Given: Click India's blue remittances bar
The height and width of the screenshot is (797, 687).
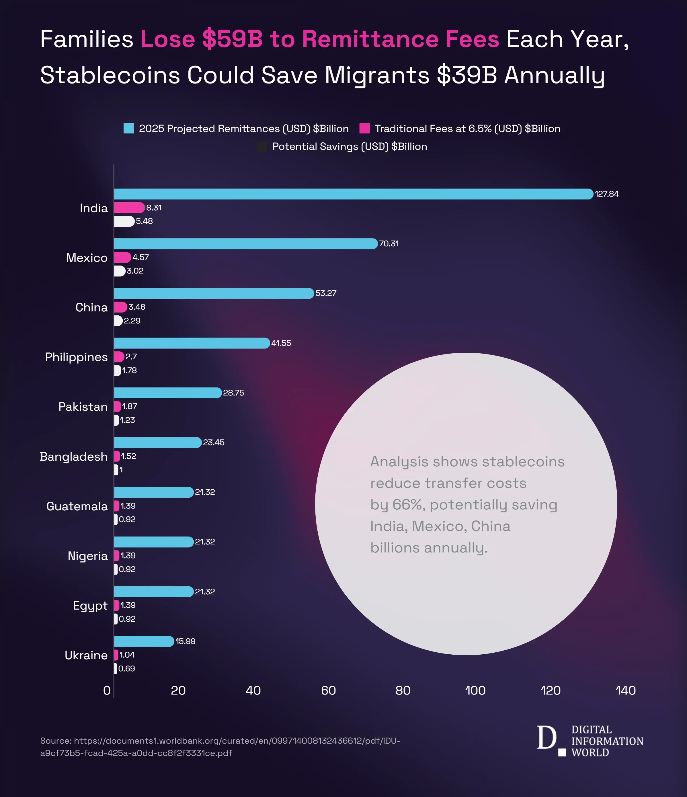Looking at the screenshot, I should point(354,194).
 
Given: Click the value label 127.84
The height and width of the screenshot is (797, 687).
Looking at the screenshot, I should point(607,194).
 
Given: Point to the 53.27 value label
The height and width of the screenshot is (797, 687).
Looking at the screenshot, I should point(326,293).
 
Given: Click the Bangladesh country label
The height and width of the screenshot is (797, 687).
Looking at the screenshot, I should point(73,457).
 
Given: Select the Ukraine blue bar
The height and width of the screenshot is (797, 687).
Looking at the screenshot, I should point(144,641).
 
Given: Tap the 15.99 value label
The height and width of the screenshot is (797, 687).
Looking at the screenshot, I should point(185,641).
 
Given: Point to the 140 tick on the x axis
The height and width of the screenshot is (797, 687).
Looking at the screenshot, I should point(626,691).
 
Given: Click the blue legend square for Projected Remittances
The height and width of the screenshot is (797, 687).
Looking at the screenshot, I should point(129,129).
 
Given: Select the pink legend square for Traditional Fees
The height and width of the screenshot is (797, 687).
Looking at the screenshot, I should point(364,129).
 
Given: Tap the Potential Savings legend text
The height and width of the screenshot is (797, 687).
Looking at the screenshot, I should point(349,147).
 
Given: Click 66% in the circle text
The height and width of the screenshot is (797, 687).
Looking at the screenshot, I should point(408,505).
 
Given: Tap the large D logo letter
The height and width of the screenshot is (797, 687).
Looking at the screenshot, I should point(546,738).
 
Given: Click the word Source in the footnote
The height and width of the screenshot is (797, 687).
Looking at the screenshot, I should point(55,741).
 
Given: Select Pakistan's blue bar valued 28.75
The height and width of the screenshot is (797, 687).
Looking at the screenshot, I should point(167,393).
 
